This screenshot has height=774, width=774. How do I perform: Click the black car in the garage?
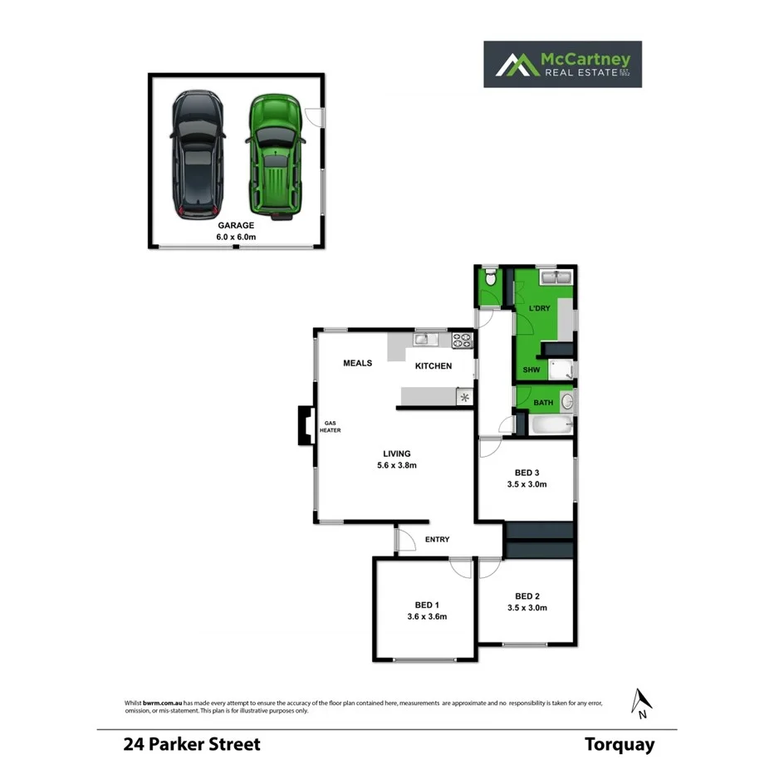[x=196, y=156]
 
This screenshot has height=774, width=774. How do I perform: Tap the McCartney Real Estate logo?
[x=562, y=64]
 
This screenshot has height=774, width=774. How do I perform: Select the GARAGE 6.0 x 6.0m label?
[x=236, y=231]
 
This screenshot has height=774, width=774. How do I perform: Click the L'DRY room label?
[x=540, y=309]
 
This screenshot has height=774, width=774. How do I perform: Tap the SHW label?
[x=532, y=370]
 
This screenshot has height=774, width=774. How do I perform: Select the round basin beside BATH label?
[x=566, y=403]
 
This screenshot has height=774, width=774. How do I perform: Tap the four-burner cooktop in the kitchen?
[x=462, y=339]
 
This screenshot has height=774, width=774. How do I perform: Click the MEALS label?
[x=358, y=363]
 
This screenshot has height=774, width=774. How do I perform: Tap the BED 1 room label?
[x=428, y=605]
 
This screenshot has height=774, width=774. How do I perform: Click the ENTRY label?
[x=438, y=540]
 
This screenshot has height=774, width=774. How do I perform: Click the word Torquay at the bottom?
[x=619, y=744]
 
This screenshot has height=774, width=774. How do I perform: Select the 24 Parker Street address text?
[x=192, y=744]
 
